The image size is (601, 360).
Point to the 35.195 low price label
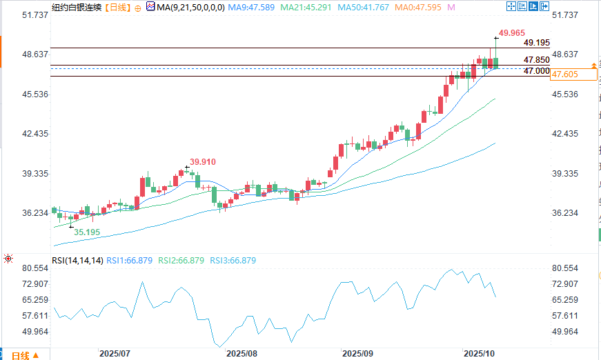(x=87, y=232)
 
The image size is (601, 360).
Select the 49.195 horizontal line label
(x=536, y=43)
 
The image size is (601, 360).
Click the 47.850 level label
(x=536, y=61)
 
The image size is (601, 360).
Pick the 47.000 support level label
(x=536, y=71)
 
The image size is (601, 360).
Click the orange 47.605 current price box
(x=564, y=74)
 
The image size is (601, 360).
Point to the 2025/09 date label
(x=357, y=353)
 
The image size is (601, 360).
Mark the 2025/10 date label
(x=480, y=353)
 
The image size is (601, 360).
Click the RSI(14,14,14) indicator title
(x=78, y=261)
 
